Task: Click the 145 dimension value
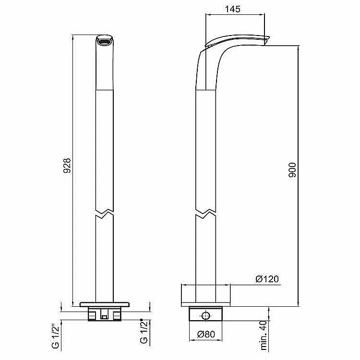232,9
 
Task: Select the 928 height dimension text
67,165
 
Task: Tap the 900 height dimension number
292,170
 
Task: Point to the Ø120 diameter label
267,279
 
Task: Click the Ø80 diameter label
206,334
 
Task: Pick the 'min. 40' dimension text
264,338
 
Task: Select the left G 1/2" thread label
56,336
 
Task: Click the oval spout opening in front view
105,42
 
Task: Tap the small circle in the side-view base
205,316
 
